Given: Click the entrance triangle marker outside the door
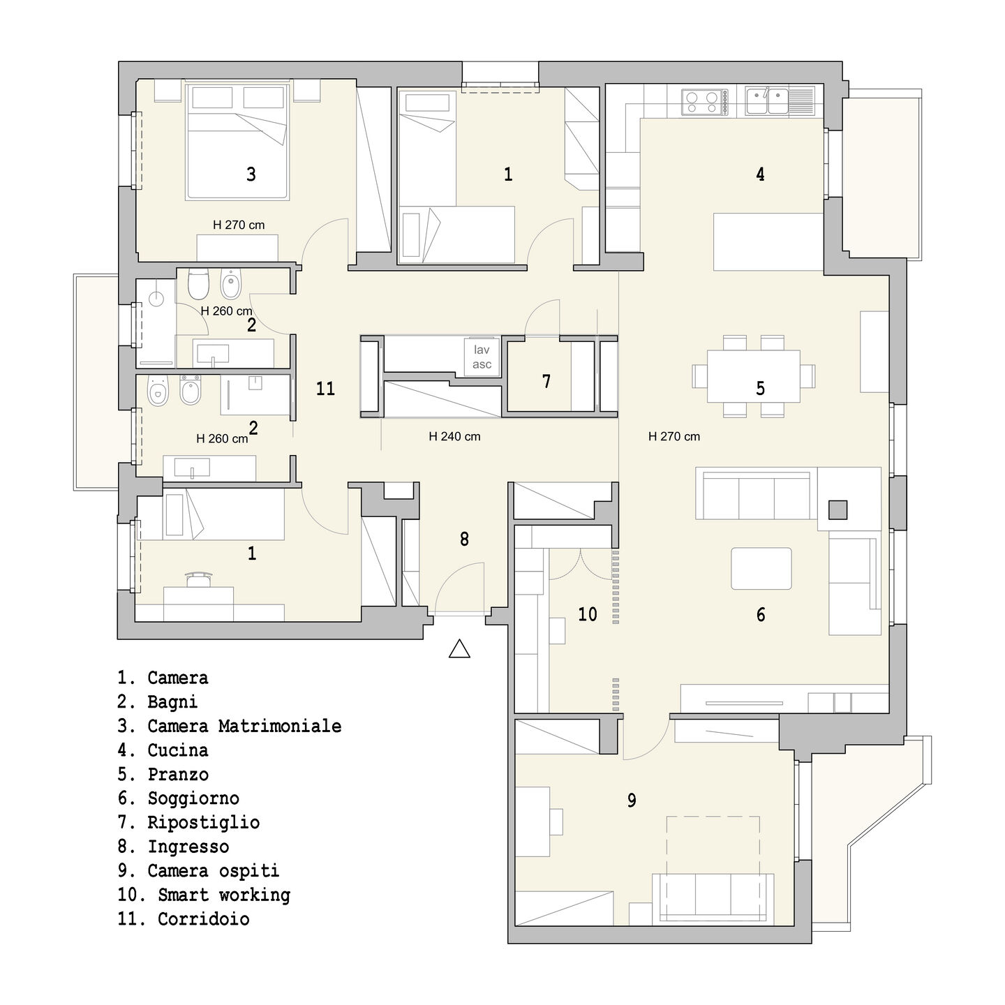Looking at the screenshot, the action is (x=459, y=648).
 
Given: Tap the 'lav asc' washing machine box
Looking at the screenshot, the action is (x=482, y=357).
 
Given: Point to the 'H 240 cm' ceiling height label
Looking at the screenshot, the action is (x=454, y=436).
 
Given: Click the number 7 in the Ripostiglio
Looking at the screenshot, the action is (x=546, y=381).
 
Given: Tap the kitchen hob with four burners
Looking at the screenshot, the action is (x=702, y=102).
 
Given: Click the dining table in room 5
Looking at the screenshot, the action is (x=753, y=376).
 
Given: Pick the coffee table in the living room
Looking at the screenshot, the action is (x=761, y=569).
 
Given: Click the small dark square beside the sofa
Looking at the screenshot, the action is (x=838, y=509).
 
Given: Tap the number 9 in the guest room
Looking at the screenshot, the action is (x=632, y=800).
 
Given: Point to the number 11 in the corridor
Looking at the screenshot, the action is (x=325, y=389).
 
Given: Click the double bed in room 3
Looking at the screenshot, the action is (x=237, y=141).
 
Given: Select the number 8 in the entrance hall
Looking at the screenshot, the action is (x=464, y=539).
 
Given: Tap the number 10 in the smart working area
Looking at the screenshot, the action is (x=587, y=614).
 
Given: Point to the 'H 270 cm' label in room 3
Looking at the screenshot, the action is (x=239, y=225).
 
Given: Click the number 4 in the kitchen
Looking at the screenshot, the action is (x=761, y=174).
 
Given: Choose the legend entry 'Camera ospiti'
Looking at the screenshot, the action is (x=199, y=870).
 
